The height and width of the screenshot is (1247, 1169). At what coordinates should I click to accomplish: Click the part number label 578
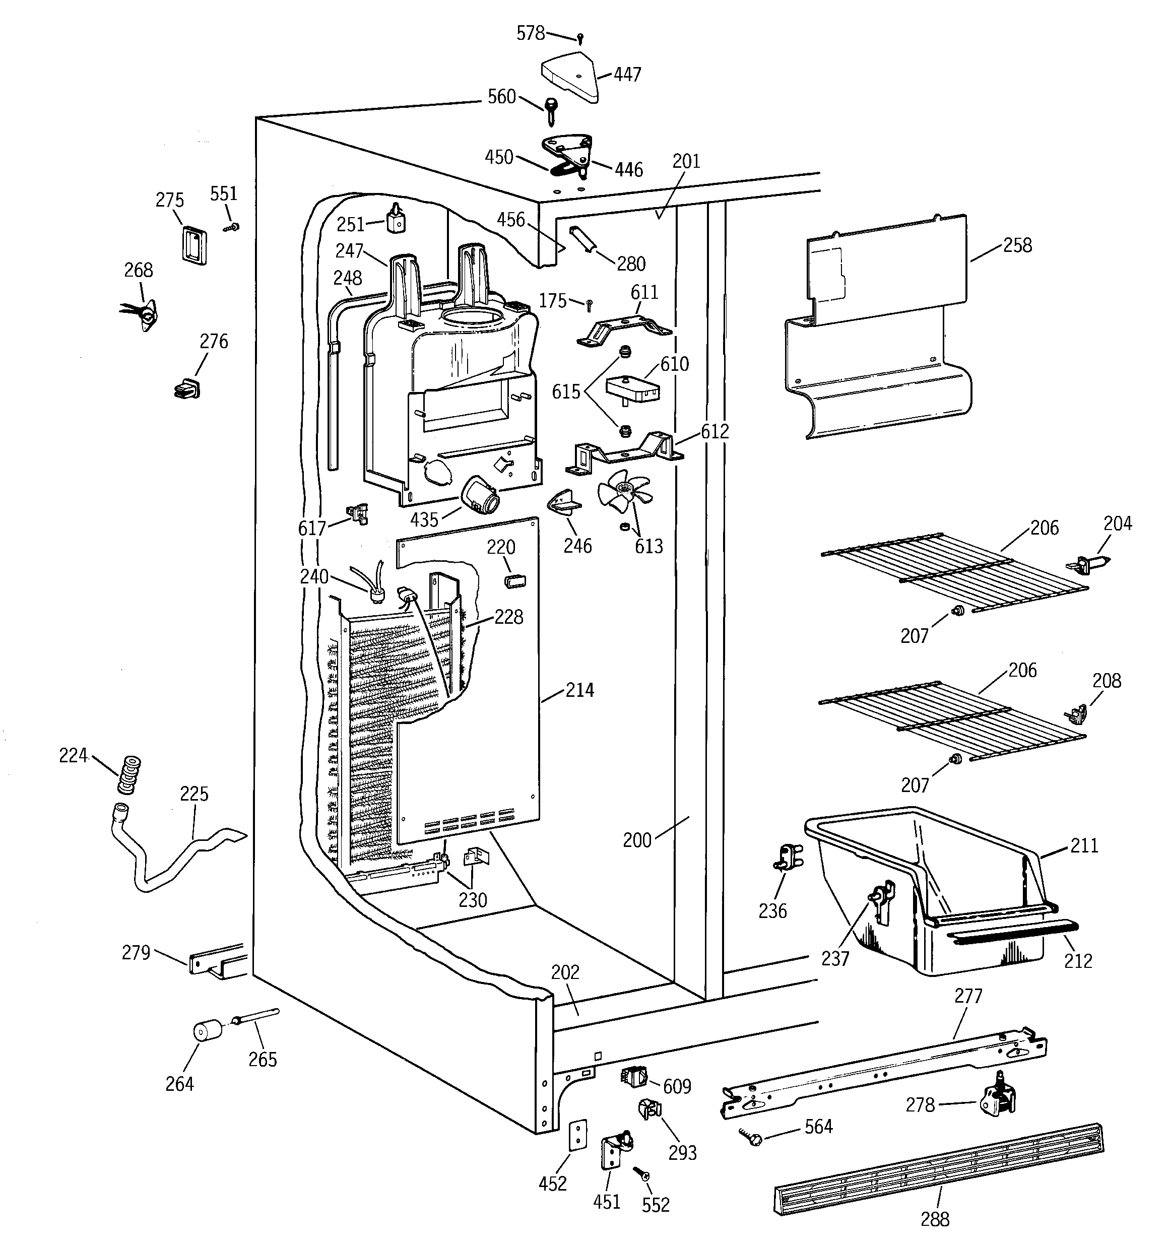530,33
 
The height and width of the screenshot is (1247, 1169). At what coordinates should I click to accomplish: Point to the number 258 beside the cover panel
1017,245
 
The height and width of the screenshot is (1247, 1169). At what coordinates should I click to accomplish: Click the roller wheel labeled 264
207,1031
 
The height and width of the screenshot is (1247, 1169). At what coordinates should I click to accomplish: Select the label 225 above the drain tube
194,794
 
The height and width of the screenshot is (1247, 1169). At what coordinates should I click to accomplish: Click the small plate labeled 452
578,1135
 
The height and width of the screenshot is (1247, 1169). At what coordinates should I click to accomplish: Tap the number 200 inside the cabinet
637,840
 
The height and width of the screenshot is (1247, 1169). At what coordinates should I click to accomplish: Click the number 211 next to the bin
1084,845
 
